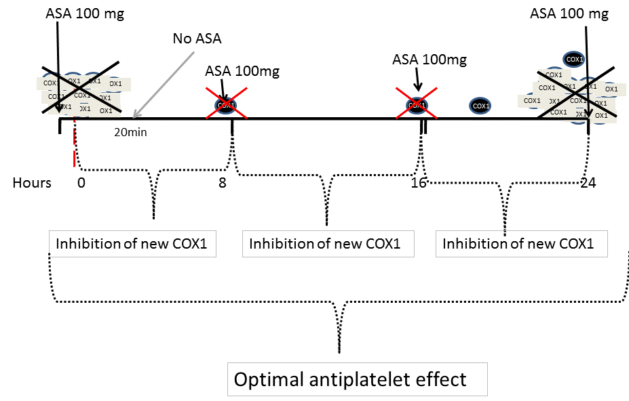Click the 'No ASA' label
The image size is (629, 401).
pos(197,39)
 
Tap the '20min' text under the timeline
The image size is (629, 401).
pos(130,132)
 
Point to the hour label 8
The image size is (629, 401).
pos(223,183)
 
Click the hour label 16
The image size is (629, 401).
pos(419,183)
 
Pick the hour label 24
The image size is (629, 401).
pos(589,183)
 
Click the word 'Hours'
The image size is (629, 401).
pos(32,183)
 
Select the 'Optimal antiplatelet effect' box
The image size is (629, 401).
pos(350,379)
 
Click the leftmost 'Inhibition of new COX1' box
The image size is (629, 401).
pos(132,244)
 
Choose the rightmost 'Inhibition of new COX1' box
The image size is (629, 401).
pos(520,244)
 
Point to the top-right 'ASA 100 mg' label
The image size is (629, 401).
pos(569,13)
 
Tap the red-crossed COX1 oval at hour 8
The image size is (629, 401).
pos(226,105)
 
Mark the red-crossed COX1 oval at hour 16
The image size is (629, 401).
pos(417,105)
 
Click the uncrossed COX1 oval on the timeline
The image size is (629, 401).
pos(480,106)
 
